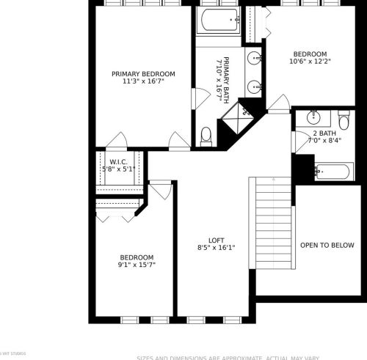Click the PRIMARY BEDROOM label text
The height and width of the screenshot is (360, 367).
click(143, 74)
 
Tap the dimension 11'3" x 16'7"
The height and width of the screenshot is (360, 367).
click(143, 82)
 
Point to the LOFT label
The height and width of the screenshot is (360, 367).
click(216, 240)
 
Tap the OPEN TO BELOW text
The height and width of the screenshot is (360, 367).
click(328, 245)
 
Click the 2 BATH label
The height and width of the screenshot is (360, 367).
click(324, 132)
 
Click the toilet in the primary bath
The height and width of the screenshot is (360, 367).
click(206, 135)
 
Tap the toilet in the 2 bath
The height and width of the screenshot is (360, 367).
click(344, 120)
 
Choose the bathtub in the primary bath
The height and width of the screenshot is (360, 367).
click(218, 21)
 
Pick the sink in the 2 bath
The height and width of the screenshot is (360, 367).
click(314, 117)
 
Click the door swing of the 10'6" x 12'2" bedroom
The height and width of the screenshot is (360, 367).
click(278, 105)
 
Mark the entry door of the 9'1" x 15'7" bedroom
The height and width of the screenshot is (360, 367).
click(160, 189)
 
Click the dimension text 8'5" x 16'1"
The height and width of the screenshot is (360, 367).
click(216, 248)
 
